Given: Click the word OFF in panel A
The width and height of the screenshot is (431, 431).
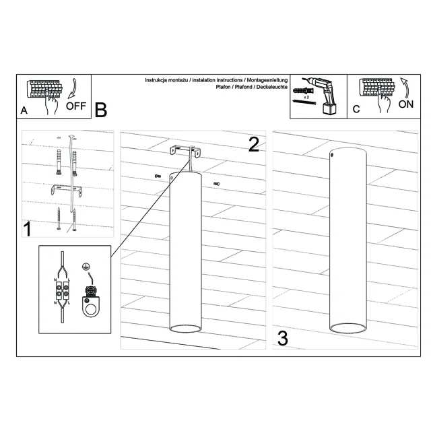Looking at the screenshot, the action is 76,106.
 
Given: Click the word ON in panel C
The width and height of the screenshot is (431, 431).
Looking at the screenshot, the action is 405,104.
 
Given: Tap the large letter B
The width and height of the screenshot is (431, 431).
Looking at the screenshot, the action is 100,110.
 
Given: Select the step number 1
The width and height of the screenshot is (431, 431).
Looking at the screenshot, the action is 27,229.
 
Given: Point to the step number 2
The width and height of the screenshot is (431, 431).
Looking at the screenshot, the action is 253,145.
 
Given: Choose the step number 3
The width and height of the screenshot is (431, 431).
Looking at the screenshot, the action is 283,339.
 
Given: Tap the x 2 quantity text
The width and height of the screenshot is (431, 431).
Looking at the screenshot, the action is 306,97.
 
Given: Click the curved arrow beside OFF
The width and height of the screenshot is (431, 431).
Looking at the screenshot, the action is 73,88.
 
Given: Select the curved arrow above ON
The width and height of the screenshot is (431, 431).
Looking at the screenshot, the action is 405,88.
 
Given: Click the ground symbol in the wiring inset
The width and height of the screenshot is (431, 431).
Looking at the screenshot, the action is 86,266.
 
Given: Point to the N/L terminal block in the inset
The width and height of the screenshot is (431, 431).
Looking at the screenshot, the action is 62,290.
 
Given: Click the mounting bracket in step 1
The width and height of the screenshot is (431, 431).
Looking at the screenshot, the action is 66,190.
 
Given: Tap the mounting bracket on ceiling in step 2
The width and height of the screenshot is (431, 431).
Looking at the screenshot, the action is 185,151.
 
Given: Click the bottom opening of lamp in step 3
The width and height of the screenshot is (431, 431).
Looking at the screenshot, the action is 347,328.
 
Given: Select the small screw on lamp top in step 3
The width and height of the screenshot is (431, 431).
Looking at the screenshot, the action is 333,155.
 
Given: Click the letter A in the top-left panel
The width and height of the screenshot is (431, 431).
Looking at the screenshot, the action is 24,110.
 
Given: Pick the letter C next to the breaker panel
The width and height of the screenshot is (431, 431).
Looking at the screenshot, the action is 356,109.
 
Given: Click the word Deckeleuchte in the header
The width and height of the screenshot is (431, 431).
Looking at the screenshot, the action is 272,87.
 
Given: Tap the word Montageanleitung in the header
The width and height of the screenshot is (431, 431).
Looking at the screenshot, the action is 267,80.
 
